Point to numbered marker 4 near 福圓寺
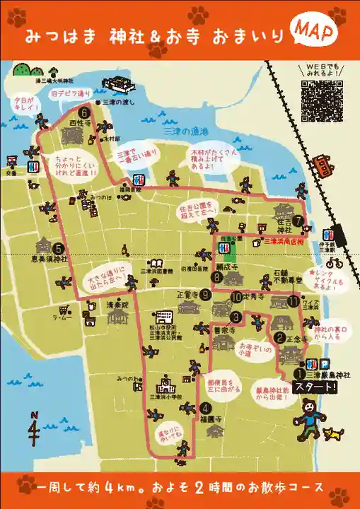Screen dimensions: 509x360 point(205,407)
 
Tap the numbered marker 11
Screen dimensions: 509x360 point(294,301)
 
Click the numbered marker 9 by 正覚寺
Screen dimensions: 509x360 point(205,295)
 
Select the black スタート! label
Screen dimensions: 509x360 point(315,387)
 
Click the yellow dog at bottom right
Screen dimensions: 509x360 point(332,433)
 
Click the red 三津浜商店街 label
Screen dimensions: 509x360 point(283,241)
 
